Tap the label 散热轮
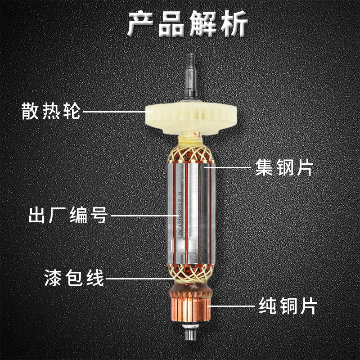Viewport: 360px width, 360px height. coord(51,111)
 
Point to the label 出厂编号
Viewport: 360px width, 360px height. coord(67,215)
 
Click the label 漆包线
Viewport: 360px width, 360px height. coord(74,278)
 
